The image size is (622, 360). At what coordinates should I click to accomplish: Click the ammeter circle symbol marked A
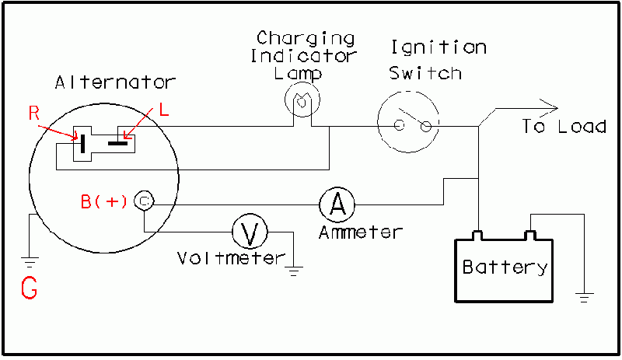click(x=337, y=204)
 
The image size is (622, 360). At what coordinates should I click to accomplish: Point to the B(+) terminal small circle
click(x=144, y=201)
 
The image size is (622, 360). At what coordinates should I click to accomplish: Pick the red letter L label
click(x=163, y=110)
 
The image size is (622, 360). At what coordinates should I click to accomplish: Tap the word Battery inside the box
click(x=505, y=267)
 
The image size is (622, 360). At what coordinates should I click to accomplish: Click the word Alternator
click(x=116, y=82)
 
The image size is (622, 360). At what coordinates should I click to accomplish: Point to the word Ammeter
click(x=361, y=232)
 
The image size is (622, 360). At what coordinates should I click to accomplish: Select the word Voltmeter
click(x=230, y=258)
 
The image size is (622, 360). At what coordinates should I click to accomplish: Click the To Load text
click(x=564, y=126)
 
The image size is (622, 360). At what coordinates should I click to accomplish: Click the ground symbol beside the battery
click(x=584, y=296)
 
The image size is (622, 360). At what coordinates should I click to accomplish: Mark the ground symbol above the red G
click(x=30, y=260)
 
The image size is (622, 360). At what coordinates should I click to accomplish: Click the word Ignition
click(x=439, y=47)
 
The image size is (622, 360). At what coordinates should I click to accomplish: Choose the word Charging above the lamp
click(x=306, y=38)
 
